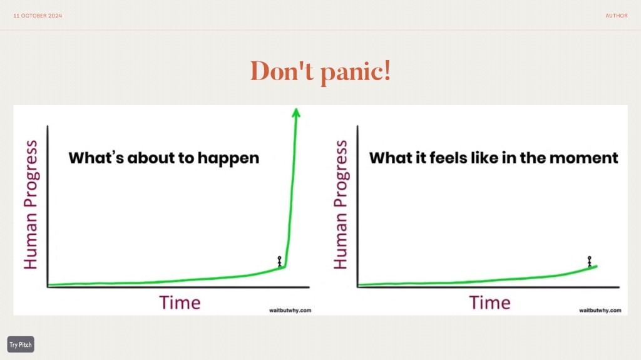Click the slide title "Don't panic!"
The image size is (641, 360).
tap(320, 71)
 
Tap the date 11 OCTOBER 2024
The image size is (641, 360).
tap(38, 16)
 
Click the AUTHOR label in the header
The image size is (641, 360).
tap(616, 16)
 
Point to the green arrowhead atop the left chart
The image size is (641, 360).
tap(296, 113)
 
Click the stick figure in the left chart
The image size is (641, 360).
tap(280, 262)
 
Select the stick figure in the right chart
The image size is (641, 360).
tap(590, 262)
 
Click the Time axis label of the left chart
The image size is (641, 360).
tap(180, 303)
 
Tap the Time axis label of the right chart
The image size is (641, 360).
tap(490, 303)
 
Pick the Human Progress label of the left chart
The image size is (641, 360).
tap(31, 205)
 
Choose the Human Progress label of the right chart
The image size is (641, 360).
tap(341, 205)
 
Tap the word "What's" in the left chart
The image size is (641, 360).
tap(96, 158)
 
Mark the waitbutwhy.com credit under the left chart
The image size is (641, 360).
tap(290, 311)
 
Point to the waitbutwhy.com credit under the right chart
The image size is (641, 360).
tap(600, 311)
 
